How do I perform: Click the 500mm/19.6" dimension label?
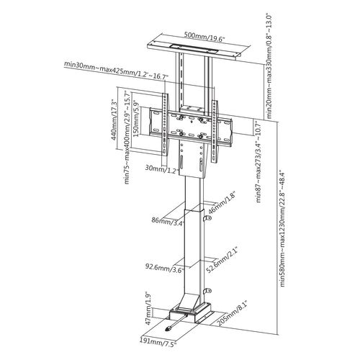204,37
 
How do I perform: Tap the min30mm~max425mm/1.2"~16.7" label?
116,71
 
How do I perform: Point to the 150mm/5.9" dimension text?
136,118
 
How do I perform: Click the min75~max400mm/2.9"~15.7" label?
127,138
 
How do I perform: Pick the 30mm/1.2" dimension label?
162,168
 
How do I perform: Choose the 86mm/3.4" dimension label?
168,220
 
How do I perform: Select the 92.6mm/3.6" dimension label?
165,267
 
